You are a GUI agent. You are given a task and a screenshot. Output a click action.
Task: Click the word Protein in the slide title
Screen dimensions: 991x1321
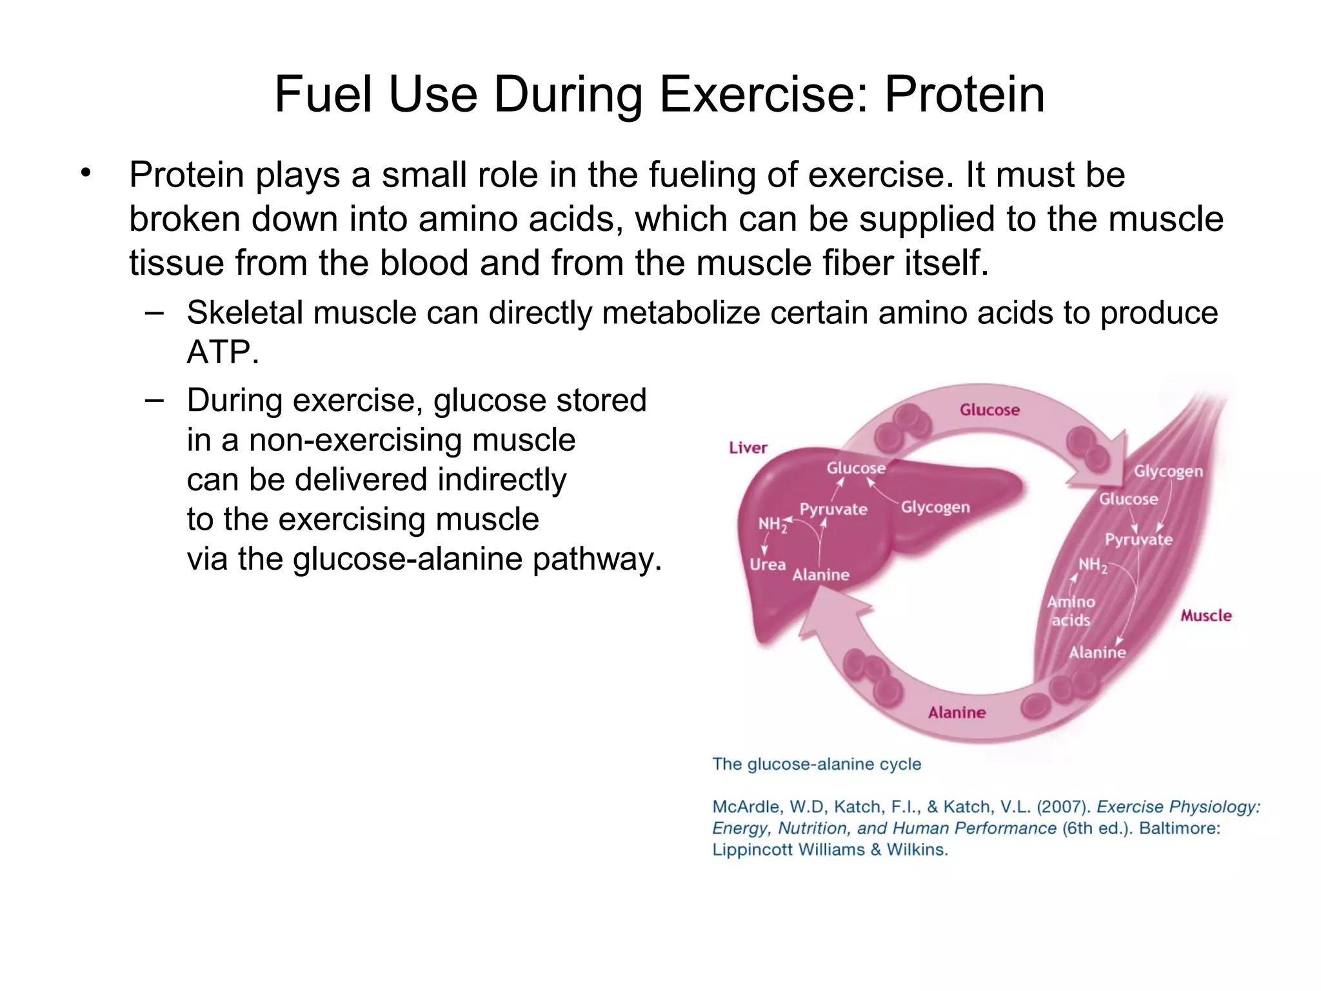(964, 95)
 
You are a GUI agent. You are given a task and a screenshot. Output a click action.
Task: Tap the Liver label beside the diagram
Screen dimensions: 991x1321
(748, 448)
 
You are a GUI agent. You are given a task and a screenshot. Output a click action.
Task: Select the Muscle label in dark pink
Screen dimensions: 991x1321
(1206, 616)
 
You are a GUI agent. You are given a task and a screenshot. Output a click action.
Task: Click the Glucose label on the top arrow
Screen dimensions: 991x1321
(989, 410)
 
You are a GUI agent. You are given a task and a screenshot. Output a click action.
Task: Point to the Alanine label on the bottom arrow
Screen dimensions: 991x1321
(957, 712)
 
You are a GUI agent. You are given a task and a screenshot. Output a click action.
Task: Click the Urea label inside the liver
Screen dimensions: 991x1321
(767, 565)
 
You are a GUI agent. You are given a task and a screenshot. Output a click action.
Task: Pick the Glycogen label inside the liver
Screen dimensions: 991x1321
(935, 507)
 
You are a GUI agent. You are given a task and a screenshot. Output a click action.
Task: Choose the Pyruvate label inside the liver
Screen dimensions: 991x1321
(833, 509)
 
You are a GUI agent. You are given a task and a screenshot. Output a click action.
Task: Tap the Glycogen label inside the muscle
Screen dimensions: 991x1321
(1168, 471)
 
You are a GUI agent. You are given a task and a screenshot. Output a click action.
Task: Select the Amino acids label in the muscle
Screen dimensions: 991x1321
(1071, 611)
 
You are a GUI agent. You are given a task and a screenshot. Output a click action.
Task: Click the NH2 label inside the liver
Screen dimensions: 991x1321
(772, 525)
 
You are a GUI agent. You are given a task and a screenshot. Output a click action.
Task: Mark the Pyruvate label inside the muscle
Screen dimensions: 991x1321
(1138, 539)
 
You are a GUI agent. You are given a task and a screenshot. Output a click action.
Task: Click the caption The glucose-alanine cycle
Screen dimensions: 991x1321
(816, 764)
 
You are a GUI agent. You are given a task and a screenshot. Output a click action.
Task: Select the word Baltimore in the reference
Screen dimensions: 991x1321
(1179, 828)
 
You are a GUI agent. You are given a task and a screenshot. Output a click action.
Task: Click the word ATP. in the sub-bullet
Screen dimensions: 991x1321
(223, 353)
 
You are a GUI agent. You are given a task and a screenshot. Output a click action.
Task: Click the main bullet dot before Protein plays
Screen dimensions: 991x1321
(86, 173)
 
